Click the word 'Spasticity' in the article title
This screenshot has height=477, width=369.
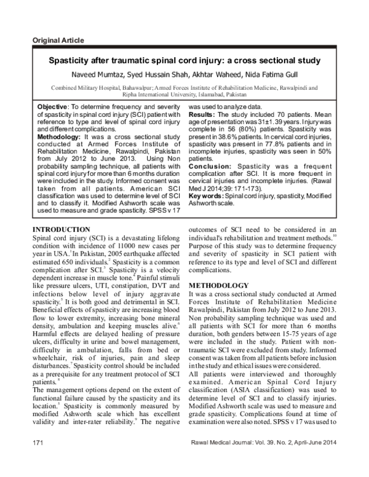click(x=72, y=61)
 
